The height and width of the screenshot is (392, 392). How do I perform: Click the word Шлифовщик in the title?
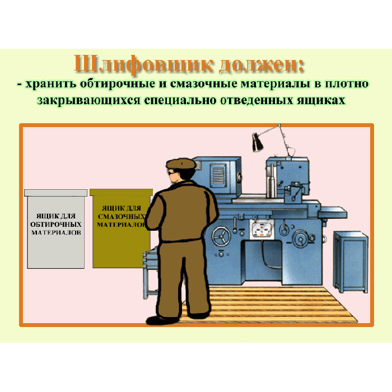(143, 64)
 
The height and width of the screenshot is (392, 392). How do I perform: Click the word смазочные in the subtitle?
(203, 84)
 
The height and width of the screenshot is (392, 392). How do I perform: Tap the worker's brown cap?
(181, 164)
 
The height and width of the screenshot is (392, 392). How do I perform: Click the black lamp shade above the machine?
(257, 142)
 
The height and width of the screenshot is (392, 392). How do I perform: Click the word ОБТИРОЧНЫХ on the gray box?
(56, 224)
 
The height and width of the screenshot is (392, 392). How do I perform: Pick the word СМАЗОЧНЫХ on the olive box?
(122, 217)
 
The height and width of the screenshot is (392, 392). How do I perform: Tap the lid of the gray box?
(55, 193)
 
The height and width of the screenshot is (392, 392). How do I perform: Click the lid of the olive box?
(122, 192)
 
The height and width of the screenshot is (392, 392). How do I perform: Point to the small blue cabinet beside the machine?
(351, 262)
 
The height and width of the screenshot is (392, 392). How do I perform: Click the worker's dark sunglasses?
(172, 172)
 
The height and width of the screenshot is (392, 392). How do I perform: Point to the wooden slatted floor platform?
(270, 305)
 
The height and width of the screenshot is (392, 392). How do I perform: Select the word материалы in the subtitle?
(276, 84)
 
